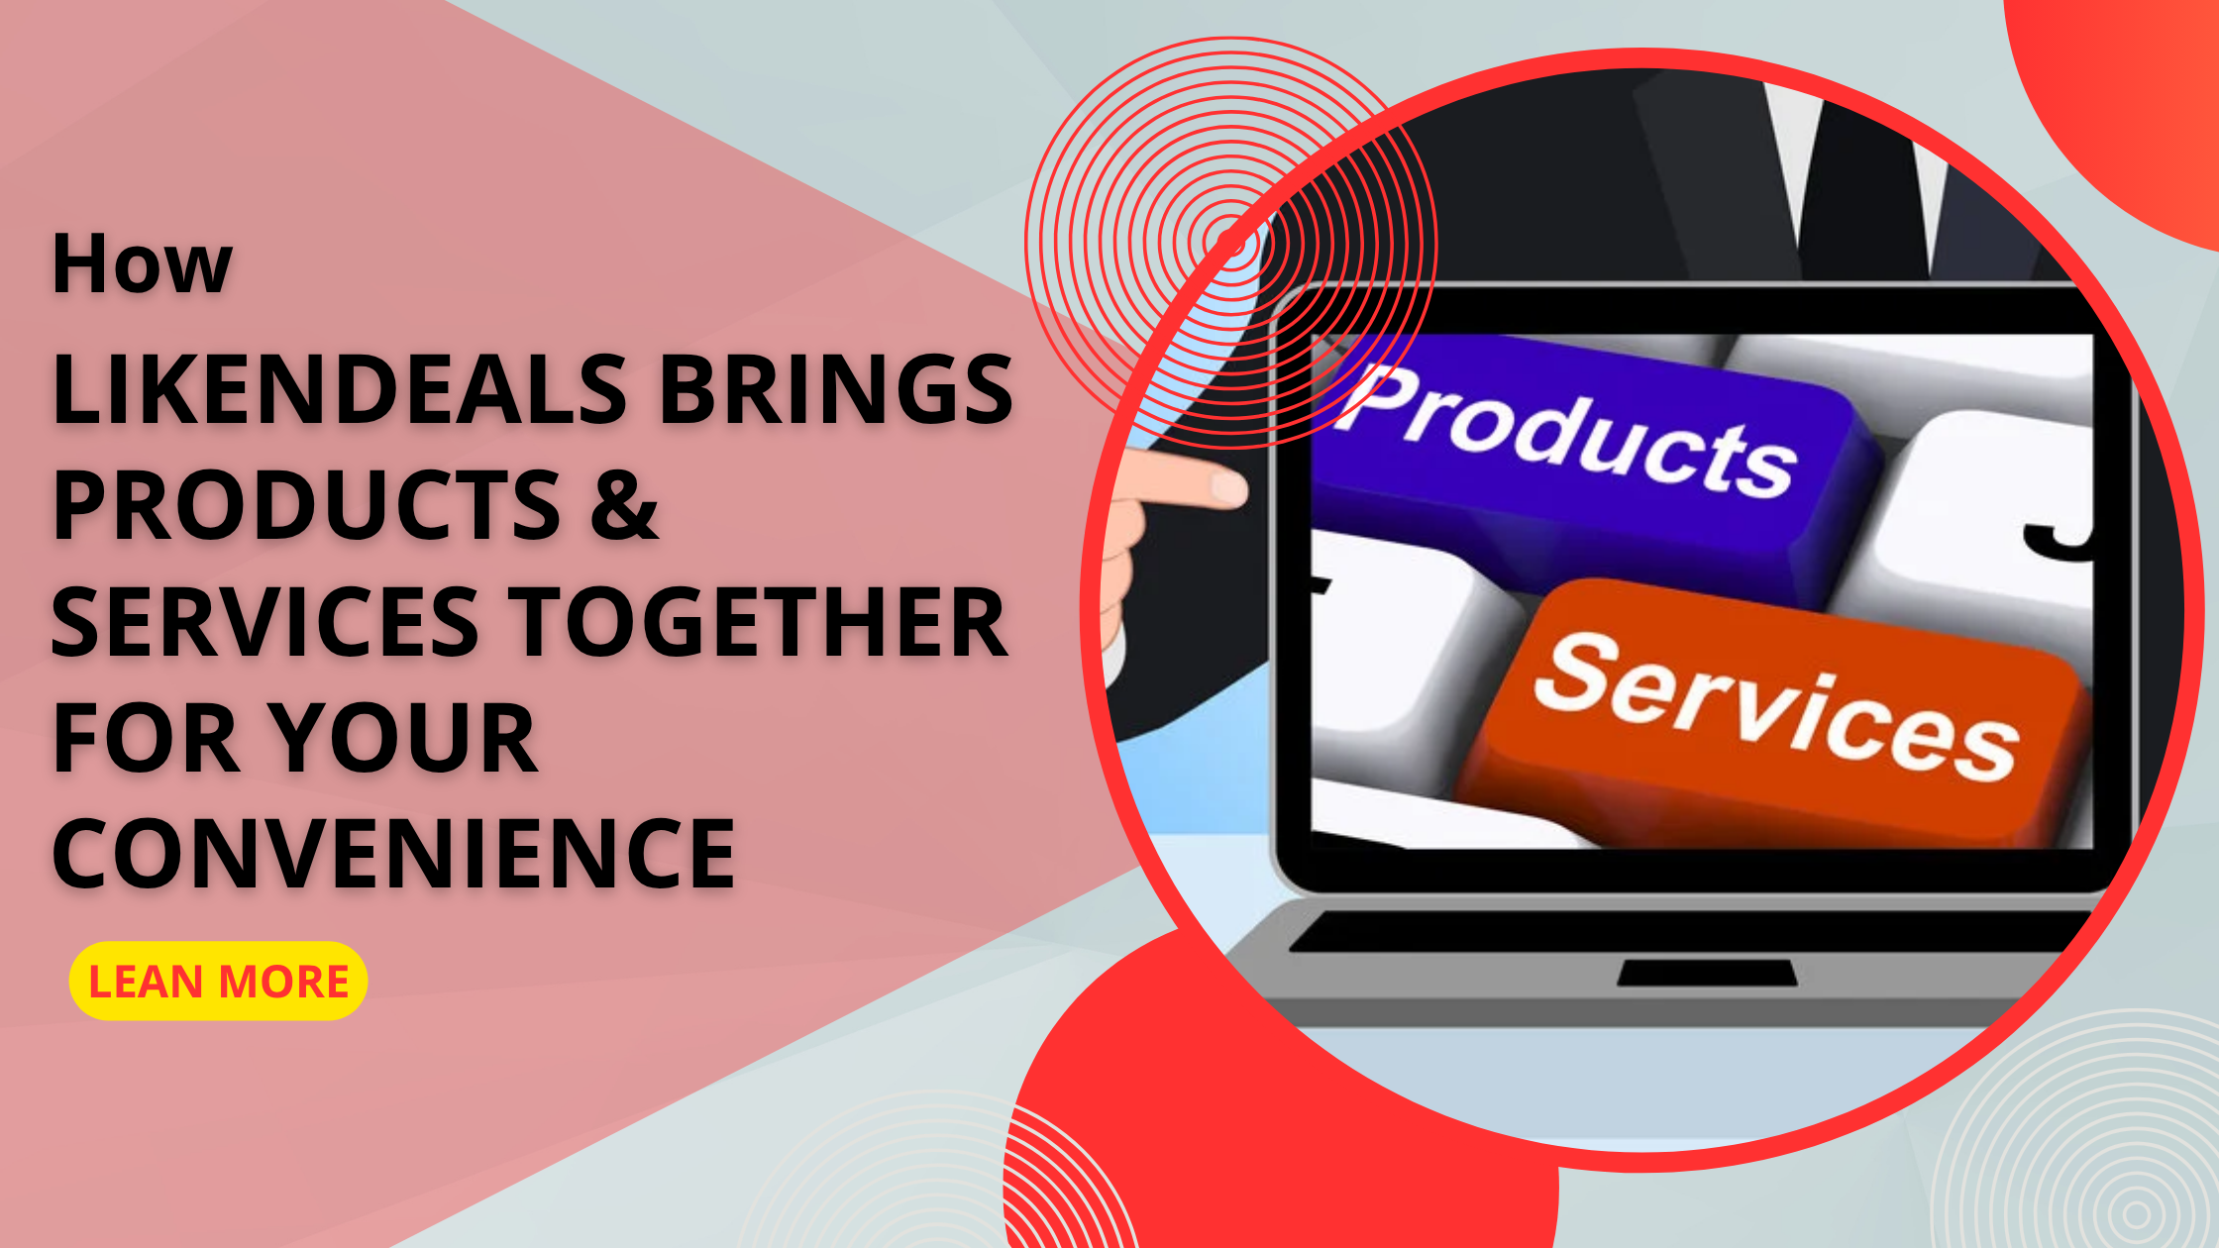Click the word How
tap(142, 265)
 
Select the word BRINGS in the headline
tap(835, 389)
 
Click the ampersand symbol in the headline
tap(624, 505)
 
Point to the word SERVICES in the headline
tap(265, 622)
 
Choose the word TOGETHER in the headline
tap(758, 622)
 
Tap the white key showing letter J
tap(2011, 515)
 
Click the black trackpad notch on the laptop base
tap(1707, 973)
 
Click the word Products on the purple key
tap(1570, 431)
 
